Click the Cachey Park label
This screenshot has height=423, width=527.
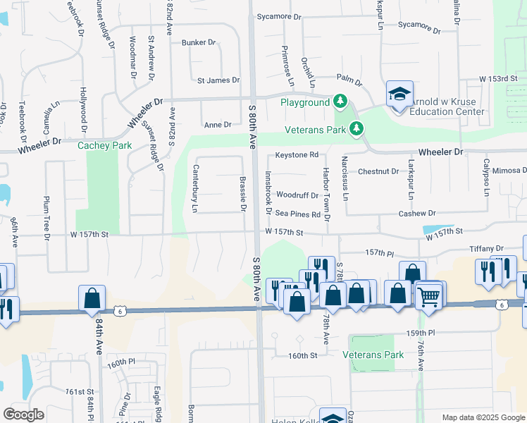point(104,145)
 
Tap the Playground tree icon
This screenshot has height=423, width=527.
point(340,102)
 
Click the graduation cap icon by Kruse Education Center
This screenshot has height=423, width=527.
point(398,94)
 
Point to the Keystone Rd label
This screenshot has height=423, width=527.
point(297,154)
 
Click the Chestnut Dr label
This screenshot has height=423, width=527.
point(378,171)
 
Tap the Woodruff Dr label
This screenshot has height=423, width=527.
point(297,195)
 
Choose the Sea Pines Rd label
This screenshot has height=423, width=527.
point(298,214)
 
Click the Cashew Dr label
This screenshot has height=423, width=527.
point(418,213)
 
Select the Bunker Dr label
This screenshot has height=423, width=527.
point(199,43)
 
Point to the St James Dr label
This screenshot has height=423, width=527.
point(218,80)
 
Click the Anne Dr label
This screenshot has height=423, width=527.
point(218,125)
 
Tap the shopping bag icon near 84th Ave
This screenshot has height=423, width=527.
point(92,299)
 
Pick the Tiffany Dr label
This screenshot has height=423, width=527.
point(487,249)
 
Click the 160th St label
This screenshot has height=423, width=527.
point(303,356)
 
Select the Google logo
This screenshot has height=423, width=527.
point(24,415)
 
